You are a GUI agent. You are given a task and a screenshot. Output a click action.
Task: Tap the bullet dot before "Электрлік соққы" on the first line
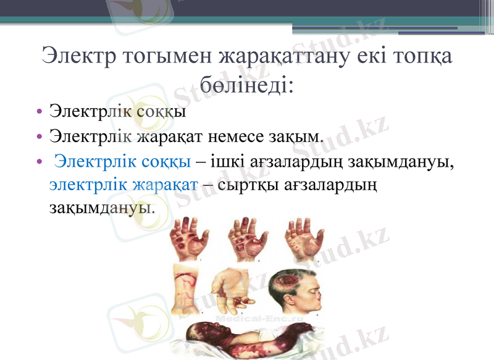tap(40, 113)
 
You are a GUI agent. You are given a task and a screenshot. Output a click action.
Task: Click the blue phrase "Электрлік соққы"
tap(122, 162)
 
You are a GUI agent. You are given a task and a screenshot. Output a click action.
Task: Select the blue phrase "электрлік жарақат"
tap(124, 184)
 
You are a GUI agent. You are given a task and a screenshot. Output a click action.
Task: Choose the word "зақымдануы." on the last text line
tap(102, 206)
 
